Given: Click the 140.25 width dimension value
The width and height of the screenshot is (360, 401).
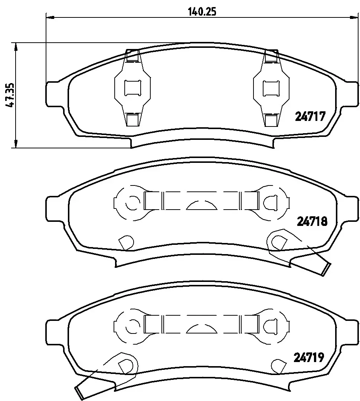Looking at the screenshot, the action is [x=202, y=11].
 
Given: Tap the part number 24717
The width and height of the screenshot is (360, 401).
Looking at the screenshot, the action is [x=310, y=116].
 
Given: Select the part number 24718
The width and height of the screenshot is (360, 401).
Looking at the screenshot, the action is [x=312, y=221].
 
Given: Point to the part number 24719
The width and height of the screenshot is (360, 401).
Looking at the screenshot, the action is [x=309, y=357].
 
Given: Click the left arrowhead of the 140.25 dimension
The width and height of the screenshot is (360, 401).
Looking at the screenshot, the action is [x=50, y=17].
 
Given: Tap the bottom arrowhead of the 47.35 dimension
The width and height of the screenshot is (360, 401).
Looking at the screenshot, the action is [x=16, y=144].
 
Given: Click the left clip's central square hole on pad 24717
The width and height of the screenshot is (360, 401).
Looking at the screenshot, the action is [x=132, y=88].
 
